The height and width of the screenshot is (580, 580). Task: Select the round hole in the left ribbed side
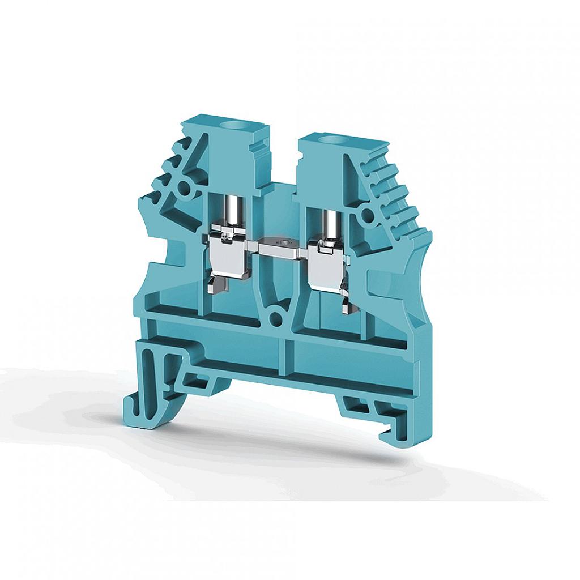point(184,189)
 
